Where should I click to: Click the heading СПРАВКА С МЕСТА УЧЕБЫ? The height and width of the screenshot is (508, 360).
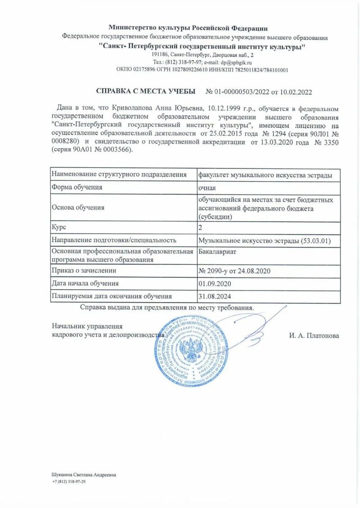(x=146, y=92)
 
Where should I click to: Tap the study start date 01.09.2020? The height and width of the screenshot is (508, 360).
(x=214, y=284)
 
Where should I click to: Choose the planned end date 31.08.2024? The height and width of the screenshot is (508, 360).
(x=214, y=296)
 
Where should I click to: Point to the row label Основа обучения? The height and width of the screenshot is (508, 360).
(x=78, y=207)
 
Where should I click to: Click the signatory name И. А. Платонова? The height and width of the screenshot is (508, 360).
(x=314, y=336)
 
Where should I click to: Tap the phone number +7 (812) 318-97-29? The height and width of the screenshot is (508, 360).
(x=69, y=481)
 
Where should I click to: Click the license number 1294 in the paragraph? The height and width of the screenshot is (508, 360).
(x=280, y=134)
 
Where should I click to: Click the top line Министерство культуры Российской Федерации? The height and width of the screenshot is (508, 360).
(x=188, y=28)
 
